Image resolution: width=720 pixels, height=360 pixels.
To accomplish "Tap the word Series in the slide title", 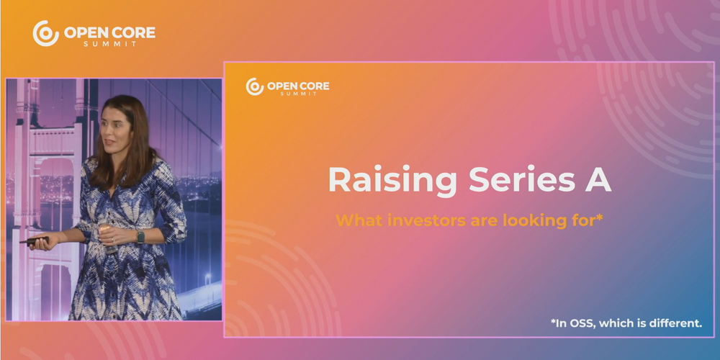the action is [x=521, y=179].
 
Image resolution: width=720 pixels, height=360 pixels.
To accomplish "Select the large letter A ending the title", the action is [x=598, y=179].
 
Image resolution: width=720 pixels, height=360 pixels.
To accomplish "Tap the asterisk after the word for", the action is [x=598, y=217].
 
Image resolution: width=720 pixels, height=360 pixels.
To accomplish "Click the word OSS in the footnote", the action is [x=581, y=323].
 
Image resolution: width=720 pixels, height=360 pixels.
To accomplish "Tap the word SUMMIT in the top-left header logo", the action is [x=109, y=44].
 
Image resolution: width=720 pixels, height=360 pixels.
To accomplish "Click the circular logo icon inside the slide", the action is [x=255, y=86].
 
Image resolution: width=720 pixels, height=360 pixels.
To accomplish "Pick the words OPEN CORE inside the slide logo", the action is [x=298, y=86].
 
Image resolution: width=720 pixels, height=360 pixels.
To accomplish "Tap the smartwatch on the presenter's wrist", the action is [x=140, y=237].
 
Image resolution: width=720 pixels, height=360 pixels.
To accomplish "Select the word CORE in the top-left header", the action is [x=134, y=32].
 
